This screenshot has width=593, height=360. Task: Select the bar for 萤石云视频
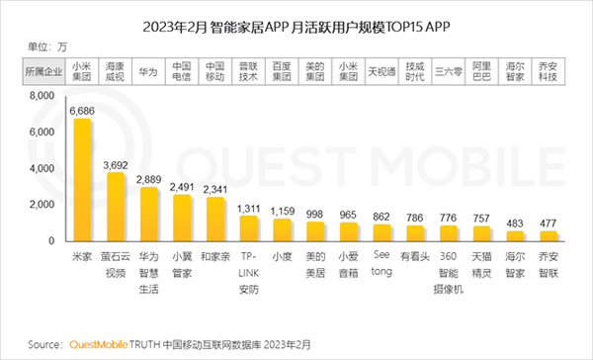pos(116,208)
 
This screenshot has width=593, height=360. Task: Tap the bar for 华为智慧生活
pos(149,215)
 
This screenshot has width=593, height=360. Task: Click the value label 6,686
pos(82,112)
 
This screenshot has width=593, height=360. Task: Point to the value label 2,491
pos(183,185)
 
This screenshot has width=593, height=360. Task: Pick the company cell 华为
pos(149,71)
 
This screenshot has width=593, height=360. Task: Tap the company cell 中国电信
pos(183,71)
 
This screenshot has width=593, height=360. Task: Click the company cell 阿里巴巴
pos(482,71)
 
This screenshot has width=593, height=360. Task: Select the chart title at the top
pos(296,24)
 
